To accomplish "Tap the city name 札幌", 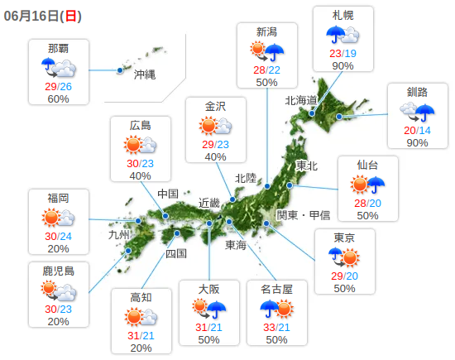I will point(343,16).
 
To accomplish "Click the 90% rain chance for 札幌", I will point(343,66).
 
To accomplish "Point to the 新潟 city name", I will point(266,31).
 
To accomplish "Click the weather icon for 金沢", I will point(215,126).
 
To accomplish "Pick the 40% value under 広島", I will point(140,176).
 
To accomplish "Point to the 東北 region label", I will point(306,166).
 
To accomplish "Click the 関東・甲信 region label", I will point(303,214).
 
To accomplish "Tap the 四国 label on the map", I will point(176,253).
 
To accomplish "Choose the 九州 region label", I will point(119,234).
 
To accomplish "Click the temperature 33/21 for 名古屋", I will point(277,328).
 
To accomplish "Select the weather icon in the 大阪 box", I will point(208,309).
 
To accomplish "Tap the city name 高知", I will point(141,297).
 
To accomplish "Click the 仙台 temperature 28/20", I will point(367,204).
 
